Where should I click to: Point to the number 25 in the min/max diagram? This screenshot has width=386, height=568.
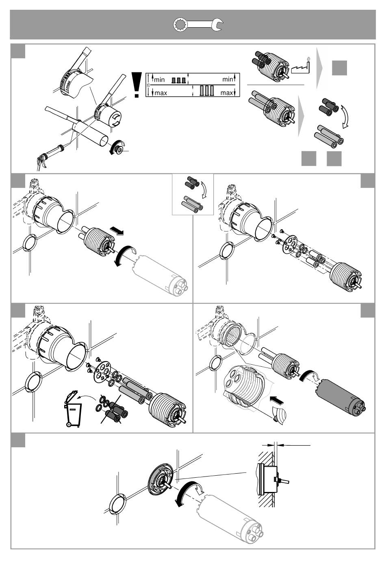[149, 85]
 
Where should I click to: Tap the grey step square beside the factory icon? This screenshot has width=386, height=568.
[339, 67]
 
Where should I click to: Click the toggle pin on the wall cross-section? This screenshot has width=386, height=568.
[283, 481]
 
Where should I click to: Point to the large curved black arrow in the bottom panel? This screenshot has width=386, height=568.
[187, 493]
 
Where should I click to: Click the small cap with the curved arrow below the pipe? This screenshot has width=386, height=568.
[119, 148]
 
